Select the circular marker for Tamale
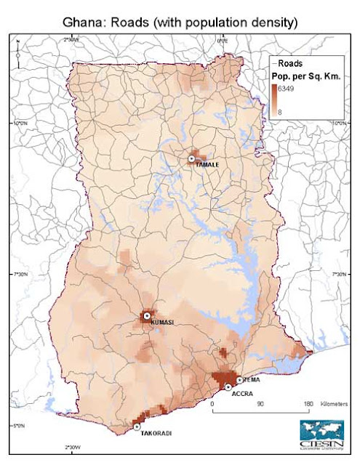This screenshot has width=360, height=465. (192, 158)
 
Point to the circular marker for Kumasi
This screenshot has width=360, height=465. (146, 315)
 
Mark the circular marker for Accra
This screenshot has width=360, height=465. (228, 387)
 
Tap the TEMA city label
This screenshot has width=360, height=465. (252, 380)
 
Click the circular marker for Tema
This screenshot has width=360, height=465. (240, 380)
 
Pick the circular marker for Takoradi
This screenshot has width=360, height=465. (137, 426)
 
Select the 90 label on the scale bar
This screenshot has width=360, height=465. (260, 403)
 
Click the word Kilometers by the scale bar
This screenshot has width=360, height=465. (332, 403)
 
